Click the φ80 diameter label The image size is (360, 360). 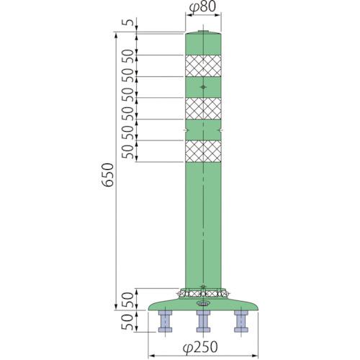202,7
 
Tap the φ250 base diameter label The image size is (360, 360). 200,347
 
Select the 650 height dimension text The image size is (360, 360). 107,175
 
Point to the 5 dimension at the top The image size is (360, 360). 129,22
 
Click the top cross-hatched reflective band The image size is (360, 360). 203,66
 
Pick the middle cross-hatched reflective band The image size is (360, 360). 203,109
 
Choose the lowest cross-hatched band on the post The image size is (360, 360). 203,151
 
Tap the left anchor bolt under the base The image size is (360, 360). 165,321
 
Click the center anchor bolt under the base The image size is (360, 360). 203,321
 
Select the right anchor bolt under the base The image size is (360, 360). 241,321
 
